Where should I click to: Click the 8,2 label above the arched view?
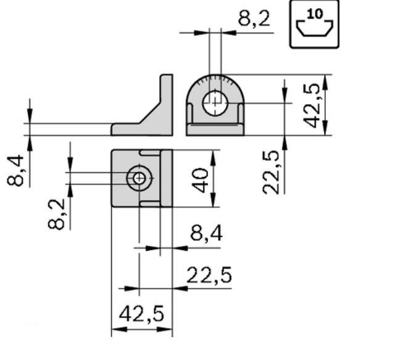point(254,18)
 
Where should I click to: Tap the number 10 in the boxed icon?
point(315,14)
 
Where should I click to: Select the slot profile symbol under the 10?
point(314,28)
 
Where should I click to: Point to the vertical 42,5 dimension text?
point(312,105)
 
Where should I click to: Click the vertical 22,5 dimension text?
point(271,172)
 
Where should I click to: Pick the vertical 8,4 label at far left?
point(15,171)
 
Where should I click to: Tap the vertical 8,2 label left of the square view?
point(56,214)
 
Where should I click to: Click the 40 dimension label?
point(200,181)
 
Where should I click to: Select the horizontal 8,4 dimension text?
point(206,234)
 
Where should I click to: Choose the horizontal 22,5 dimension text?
point(209,275)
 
